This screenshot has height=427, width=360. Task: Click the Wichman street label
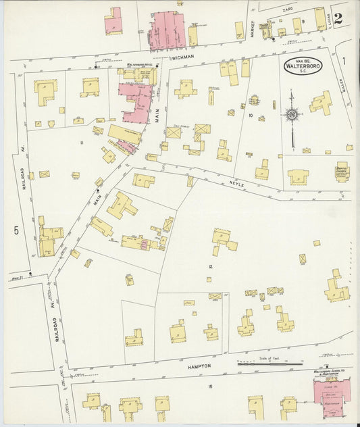[x=182, y=58]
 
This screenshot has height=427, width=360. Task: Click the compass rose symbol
[x=291, y=116]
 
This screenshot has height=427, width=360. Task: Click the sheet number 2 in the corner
[x=346, y=19]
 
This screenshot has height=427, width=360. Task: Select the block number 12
[x=211, y=267]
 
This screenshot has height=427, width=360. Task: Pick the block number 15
[x=210, y=386]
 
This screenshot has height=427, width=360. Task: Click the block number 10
[x=250, y=116]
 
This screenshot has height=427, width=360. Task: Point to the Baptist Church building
[x=342, y=173]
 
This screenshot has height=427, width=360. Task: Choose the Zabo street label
[x=288, y=10]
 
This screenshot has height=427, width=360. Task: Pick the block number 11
[x=81, y=143]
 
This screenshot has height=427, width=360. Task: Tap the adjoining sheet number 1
[x=343, y=61]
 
